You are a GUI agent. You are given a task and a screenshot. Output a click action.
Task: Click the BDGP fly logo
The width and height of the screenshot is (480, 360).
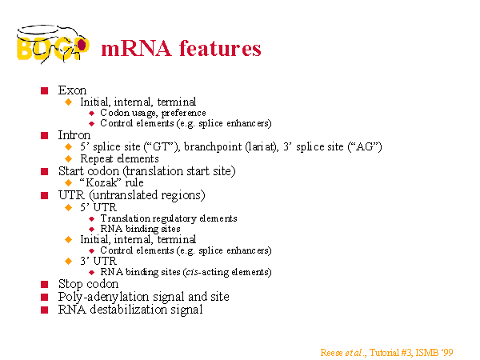[53, 44]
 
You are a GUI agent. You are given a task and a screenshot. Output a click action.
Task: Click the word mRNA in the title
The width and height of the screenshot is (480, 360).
[136, 49]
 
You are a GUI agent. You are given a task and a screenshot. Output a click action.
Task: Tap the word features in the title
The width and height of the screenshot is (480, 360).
[220, 48]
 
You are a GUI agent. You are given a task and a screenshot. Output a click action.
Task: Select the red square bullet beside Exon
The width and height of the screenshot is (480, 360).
[44, 90]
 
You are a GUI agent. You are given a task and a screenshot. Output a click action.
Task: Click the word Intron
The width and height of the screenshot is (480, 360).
[74, 135]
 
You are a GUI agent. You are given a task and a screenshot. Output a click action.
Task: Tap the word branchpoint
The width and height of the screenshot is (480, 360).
[213, 147]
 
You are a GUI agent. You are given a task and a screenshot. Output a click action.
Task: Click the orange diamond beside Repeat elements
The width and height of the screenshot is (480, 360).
[69, 158]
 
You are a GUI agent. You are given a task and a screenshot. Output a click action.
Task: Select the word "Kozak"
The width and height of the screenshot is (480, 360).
[99, 182]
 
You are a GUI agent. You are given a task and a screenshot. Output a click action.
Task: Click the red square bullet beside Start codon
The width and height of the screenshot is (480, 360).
[44, 171]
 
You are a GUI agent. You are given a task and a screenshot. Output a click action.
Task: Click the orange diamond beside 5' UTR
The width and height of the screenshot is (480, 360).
[69, 207]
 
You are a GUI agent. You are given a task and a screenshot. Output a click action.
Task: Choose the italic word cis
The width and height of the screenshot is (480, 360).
[192, 272]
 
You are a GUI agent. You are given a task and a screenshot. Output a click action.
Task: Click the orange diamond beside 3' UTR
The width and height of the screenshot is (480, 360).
[69, 261]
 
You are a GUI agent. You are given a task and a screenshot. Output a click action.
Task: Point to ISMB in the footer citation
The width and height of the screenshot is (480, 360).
[427, 353]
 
